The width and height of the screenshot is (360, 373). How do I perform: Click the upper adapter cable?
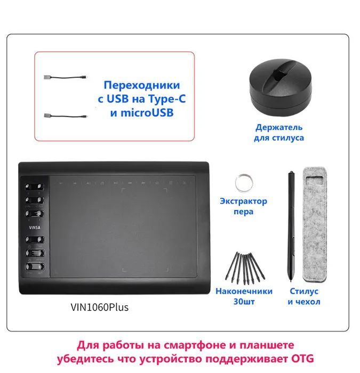coord(66,77)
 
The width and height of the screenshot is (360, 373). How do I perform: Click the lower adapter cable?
coord(66,116)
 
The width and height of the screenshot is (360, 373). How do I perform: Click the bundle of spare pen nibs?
coord(245,268)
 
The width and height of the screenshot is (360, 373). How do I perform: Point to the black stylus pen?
coord(291,226)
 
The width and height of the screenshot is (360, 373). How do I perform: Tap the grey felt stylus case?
coord(315,224)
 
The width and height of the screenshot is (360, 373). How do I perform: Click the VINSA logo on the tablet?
coord(35,228)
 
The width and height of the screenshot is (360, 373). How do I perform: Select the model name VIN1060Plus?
coord(100,307)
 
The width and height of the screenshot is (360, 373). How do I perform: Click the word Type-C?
coord(167,99)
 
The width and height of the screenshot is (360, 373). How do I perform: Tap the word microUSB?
coord(147,113)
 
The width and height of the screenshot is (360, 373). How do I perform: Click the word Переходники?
coord(142,85)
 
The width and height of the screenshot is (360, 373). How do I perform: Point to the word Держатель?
coord(279,127)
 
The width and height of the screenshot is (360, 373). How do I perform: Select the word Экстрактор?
coord(244,201)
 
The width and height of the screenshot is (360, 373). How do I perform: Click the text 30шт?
coord(244,302)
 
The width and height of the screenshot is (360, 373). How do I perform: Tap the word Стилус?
coord(304,291)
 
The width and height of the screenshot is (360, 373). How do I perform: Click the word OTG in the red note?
coord(302,359)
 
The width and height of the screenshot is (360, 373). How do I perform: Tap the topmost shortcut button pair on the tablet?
coord(35,187)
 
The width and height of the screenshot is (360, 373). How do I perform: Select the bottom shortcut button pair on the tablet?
coord(35,266)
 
